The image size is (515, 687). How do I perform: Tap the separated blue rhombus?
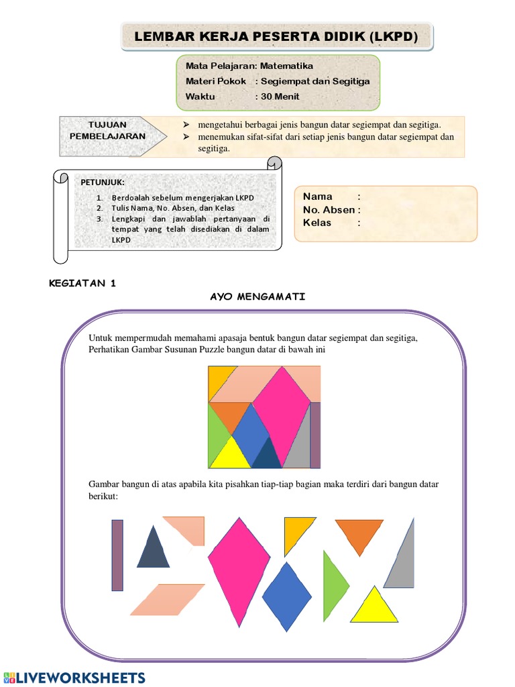point(287,596)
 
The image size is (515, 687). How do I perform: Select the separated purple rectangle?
point(117,555)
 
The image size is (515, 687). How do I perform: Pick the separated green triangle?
point(333,585)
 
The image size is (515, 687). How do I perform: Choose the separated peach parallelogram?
point(167,599)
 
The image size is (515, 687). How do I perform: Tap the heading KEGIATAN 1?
point(83,283)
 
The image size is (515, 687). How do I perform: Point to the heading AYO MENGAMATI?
point(258,297)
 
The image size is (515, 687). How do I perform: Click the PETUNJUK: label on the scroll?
point(103,182)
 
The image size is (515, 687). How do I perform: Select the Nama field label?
point(317,197)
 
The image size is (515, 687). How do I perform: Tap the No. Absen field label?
point(329,210)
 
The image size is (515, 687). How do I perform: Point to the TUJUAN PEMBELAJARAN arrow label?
point(107,130)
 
